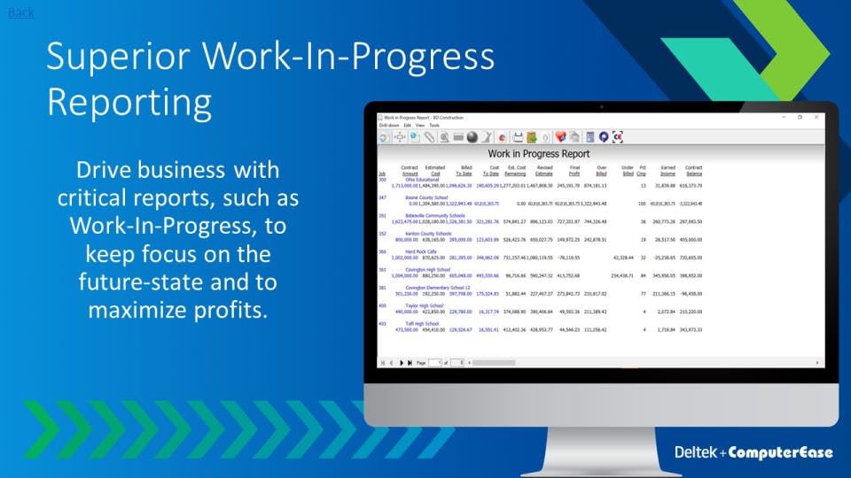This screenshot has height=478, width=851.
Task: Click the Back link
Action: point(20,12)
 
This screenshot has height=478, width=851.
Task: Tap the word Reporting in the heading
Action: point(129,102)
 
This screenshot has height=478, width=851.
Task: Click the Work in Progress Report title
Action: point(539,154)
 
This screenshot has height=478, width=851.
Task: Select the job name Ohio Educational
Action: point(422,180)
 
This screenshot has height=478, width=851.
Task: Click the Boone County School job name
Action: point(426,197)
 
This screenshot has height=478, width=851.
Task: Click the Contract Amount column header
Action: point(409,170)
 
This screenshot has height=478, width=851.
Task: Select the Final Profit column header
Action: point(574,170)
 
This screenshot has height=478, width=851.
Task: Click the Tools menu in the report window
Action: point(434,126)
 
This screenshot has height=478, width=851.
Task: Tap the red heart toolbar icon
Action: point(560,137)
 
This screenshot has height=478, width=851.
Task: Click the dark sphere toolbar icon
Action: point(472,137)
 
